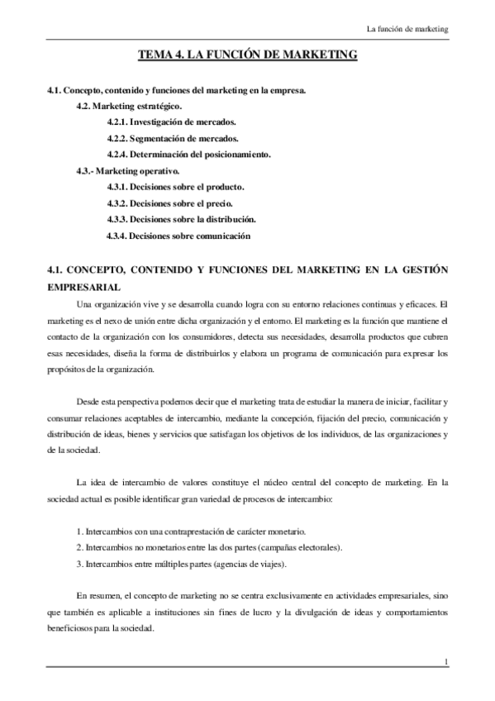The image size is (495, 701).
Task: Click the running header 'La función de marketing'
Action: [x=407, y=30]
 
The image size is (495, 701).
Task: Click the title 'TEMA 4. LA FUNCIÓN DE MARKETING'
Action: [x=247, y=55]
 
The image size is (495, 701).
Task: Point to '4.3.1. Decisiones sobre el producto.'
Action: [x=175, y=188]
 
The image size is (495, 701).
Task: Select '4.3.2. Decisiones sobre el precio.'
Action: [x=169, y=203]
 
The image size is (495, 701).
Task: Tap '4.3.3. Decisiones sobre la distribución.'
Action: [x=181, y=220]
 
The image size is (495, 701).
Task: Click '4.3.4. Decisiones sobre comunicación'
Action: [x=178, y=236]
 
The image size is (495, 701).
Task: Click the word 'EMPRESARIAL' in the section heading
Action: [x=83, y=287]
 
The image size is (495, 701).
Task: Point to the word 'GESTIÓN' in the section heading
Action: [x=422, y=269]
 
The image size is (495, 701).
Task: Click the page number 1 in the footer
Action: [x=445, y=661]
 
